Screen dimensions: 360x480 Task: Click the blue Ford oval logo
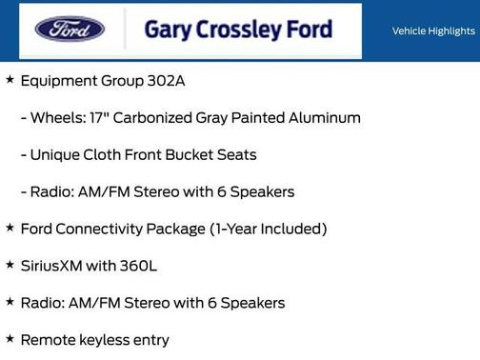pos(70,30)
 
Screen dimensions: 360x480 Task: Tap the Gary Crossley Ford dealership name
pos(238,30)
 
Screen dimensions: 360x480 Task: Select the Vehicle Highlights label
pos(433,31)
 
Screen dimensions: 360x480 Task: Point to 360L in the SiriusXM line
pos(138,266)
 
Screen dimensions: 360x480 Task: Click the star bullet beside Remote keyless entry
pos(10,339)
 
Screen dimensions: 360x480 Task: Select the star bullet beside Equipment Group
pos(10,80)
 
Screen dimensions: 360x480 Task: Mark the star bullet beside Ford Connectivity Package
pos(10,229)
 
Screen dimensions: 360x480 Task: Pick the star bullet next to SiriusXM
pos(10,265)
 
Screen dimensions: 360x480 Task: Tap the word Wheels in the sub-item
pos(55,118)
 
